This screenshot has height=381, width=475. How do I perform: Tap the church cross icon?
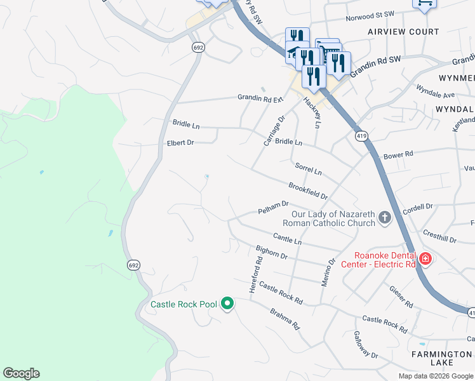pyautogui.click(x=384, y=218)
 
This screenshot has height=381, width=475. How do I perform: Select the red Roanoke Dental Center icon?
pyautogui.click(x=425, y=258)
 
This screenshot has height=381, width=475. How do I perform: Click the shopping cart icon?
pyautogui.click(x=424, y=4)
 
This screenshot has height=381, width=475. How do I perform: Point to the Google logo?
pyautogui.click(x=21, y=373)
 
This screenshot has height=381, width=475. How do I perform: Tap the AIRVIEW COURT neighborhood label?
pyautogui.click(x=403, y=32)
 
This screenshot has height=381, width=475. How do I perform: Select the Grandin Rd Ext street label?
pyautogui.click(x=259, y=98)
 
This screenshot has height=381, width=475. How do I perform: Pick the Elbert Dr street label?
pyautogui.click(x=180, y=143)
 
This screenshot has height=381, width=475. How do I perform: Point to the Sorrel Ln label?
pyautogui.click(x=309, y=169)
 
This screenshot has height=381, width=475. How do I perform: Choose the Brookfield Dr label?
pyautogui.click(x=308, y=191)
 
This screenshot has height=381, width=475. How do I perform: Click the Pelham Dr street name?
pyautogui.click(x=274, y=208)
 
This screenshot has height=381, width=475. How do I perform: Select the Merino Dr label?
pyautogui.click(x=328, y=272)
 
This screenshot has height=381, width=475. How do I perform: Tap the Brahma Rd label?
pyautogui.click(x=284, y=319)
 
